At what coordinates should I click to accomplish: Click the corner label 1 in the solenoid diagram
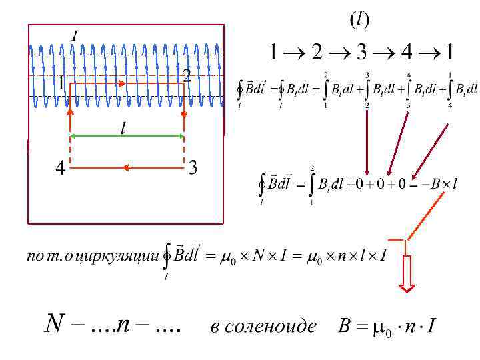click(x=61, y=85)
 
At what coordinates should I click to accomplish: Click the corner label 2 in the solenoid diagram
click(x=187, y=76)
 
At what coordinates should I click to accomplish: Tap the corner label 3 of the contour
click(x=193, y=168)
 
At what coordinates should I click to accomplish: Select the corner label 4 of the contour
click(x=60, y=169)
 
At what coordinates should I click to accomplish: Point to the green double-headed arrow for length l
click(x=127, y=136)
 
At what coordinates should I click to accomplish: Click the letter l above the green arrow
click(x=123, y=127)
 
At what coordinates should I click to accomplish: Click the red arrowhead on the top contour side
click(x=123, y=84)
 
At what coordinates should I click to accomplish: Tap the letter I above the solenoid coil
click(x=73, y=35)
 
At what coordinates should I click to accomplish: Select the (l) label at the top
click(x=360, y=21)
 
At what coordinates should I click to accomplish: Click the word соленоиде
click(x=263, y=327)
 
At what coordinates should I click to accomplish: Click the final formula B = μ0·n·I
click(x=387, y=327)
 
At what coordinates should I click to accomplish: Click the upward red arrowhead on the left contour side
click(x=70, y=111)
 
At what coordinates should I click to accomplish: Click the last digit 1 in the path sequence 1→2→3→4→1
click(x=450, y=51)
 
